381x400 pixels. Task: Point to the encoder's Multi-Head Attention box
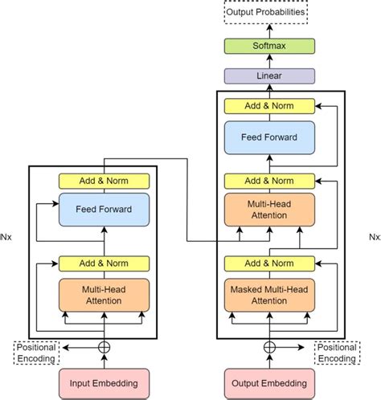104,294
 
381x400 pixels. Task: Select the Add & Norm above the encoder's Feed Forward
104,181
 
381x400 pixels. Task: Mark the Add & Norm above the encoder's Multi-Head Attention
104,263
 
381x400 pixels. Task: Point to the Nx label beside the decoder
374,237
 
